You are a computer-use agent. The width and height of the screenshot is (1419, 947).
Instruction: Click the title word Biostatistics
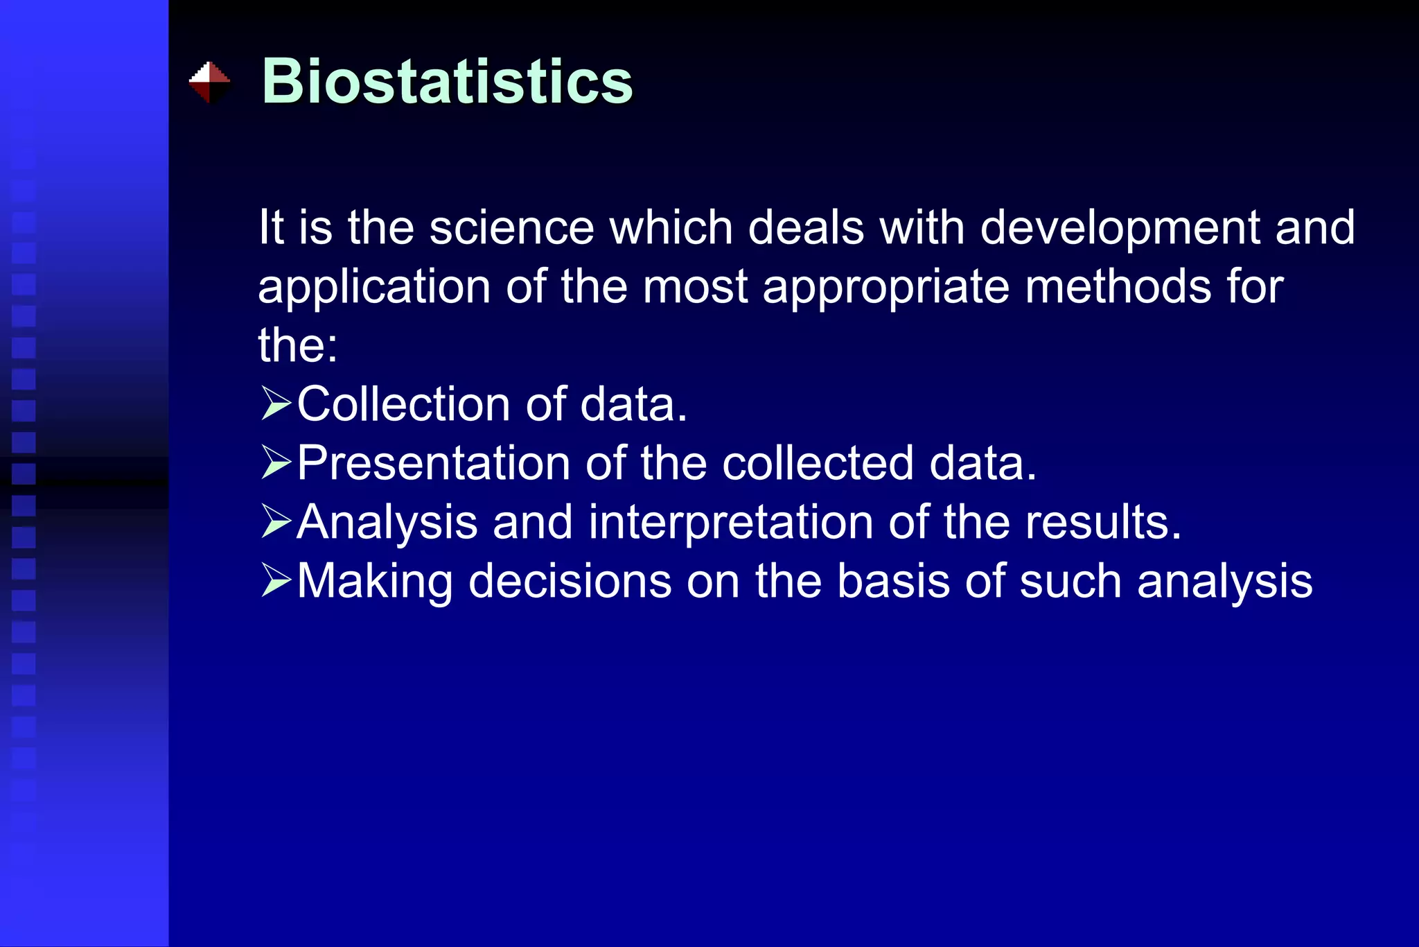click(447, 82)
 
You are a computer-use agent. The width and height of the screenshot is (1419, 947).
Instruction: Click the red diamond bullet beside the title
click(209, 82)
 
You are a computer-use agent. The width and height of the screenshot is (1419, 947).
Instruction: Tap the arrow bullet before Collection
click(276, 404)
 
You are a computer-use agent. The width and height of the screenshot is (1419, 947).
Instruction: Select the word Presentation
click(434, 463)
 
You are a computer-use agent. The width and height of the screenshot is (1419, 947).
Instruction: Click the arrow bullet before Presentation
click(276, 463)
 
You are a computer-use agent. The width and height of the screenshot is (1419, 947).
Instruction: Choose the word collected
click(818, 463)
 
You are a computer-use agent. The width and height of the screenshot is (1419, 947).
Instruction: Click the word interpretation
click(730, 522)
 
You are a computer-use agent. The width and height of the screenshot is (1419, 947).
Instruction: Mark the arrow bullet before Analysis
click(276, 522)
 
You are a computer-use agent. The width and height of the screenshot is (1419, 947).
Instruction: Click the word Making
click(375, 581)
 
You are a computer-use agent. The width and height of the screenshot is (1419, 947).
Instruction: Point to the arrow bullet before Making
click(276, 581)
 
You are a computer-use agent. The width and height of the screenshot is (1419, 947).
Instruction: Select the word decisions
click(570, 581)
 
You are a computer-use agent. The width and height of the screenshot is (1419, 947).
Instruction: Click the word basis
click(893, 581)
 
